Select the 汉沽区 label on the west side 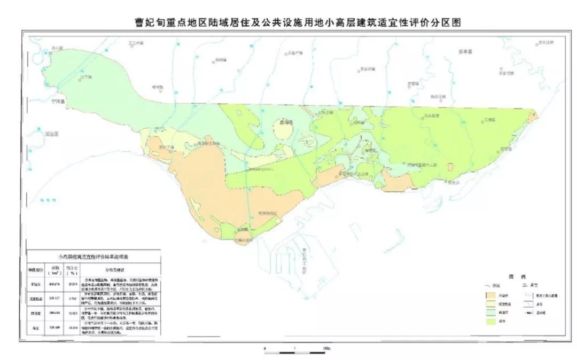(52, 134)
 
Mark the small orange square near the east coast (450, 167)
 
